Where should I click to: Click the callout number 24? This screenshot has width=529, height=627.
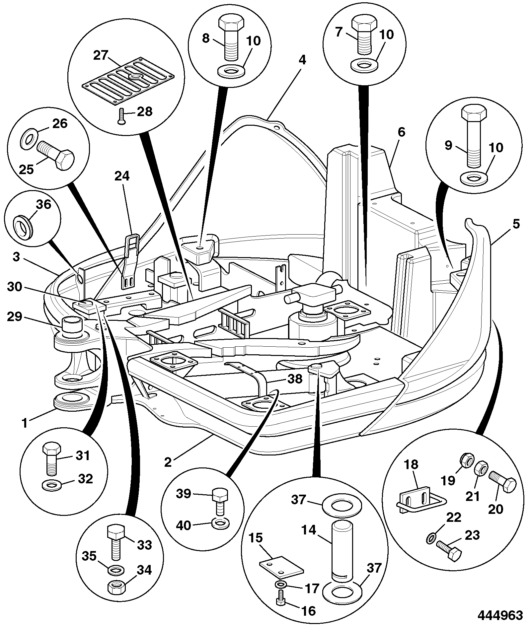tap(122, 176)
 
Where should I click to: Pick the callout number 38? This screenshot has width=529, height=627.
tap(295, 379)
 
